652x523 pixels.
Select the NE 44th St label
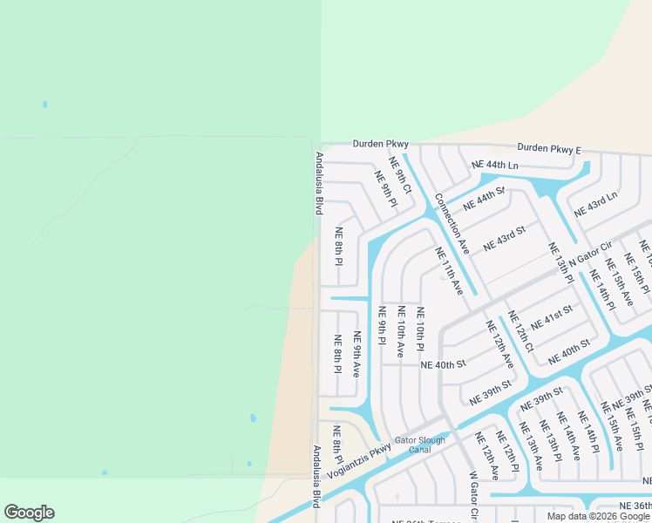pos(484,198)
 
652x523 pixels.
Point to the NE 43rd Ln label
pos(595,206)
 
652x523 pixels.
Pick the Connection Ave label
pos(452,224)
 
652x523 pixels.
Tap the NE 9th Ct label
pos(400,176)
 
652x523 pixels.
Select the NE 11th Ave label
pos(449,270)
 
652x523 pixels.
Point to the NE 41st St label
pos(551,317)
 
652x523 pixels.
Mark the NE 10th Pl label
pos(419,324)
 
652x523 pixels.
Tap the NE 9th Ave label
pos(356,354)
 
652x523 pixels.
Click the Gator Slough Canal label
pos(420,445)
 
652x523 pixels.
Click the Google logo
pos(29,513)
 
